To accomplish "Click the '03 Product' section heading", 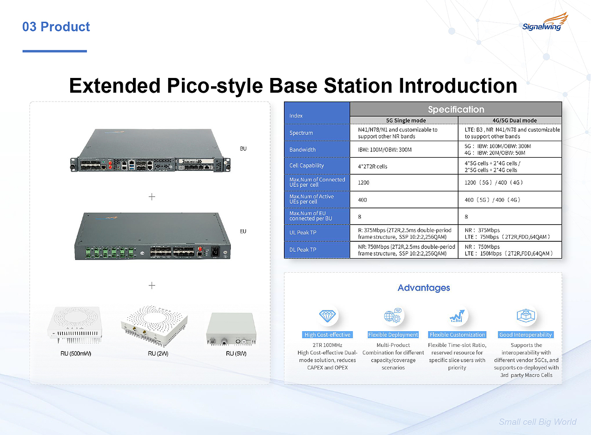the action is click(56, 27).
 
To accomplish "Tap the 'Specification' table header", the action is click(456, 109).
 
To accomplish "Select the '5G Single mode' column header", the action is click(406, 120).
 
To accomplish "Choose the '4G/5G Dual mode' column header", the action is click(514, 120).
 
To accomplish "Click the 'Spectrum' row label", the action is click(301, 133).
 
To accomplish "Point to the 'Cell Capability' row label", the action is click(307, 166).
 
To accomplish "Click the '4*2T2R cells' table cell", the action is click(373, 167).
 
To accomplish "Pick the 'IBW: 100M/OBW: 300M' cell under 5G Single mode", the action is click(385, 150).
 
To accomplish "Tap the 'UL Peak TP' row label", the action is click(303, 232).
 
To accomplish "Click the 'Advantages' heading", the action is click(424, 288).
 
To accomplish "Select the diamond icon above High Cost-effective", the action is click(327, 316).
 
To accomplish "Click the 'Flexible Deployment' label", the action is click(393, 335).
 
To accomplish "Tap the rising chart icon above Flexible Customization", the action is click(457, 316).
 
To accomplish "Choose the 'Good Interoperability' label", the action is click(525, 335).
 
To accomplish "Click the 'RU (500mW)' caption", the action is click(76, 353).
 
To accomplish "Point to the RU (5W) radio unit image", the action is click(231, 329).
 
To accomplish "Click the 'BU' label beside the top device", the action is click(243, 149).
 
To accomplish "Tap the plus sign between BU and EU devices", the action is click(152, 197).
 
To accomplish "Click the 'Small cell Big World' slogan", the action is click(537, 422).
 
